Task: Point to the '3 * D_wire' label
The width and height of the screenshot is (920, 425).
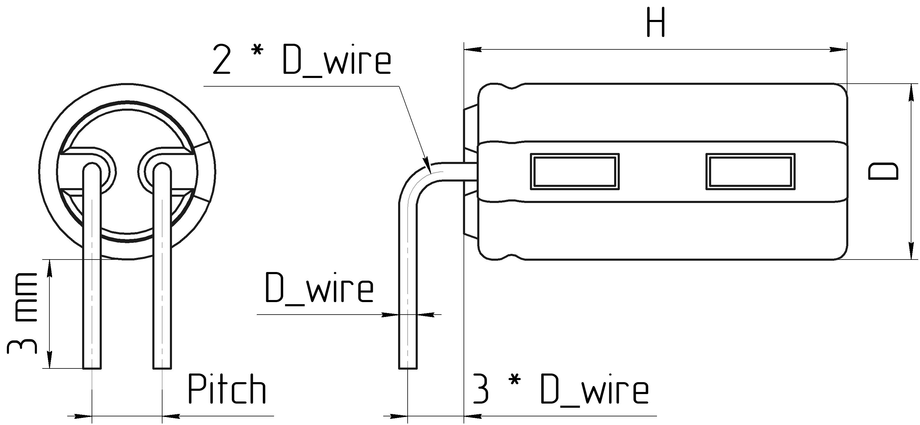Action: tap(560, 389)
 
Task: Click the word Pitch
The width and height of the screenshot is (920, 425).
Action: tap(227, 389)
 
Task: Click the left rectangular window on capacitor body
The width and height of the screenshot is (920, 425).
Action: tap(574, 171)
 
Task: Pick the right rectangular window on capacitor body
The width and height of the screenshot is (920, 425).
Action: tap(750, 171)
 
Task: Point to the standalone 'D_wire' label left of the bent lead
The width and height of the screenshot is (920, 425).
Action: tap(319, 288)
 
